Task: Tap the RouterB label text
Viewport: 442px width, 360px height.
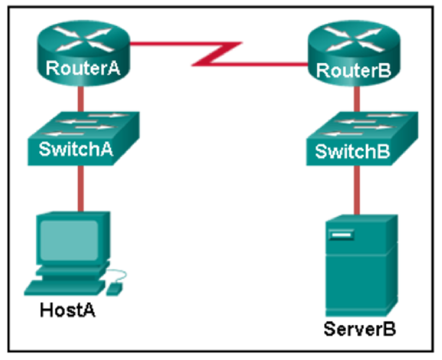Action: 354,70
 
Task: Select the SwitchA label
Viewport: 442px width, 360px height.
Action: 76,149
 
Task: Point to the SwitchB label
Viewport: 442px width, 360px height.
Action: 352,151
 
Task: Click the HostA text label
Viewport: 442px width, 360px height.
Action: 67,310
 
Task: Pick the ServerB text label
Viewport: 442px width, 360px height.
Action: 360,329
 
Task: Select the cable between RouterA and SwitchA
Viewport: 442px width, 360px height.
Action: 81,99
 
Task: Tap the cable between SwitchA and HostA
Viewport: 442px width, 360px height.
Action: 81,188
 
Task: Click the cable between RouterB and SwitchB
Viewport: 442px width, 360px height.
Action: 357,99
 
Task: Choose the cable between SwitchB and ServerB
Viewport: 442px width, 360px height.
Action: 357,190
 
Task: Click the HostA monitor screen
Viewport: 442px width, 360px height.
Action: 69,241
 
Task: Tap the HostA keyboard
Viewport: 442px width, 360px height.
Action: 65,288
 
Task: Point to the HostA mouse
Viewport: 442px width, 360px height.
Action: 114,289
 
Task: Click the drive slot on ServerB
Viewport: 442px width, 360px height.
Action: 341,234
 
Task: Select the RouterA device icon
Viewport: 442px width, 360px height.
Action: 84,53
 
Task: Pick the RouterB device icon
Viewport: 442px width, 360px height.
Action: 354,54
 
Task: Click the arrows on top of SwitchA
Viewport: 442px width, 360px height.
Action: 85,124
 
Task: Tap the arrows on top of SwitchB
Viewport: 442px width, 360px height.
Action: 364,124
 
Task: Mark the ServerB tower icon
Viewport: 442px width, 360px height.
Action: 362,265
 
